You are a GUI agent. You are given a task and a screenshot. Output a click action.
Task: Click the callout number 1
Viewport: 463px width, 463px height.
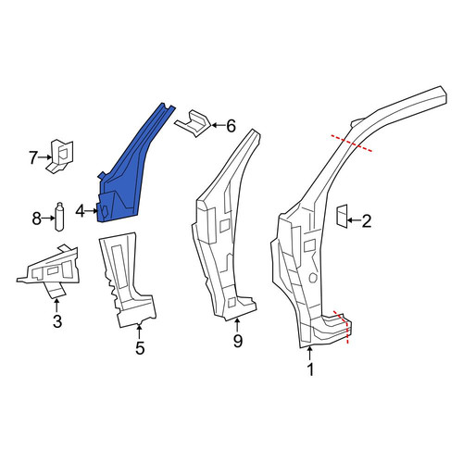[x=310, y=369]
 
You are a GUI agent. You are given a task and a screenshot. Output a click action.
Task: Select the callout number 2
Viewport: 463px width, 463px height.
[x=366, y=221]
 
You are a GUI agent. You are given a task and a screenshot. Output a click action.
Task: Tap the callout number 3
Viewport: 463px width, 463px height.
[x=57, y=321]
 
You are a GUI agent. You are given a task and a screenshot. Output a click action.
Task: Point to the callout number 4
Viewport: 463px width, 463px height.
[x=80, y=211]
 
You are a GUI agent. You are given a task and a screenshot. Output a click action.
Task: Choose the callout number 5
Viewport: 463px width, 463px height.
[x=140, y=348]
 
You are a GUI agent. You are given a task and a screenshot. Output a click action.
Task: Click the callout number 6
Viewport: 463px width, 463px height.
[x=231, y=126]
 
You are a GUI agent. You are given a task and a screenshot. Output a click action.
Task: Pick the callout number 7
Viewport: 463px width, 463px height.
[x=33, y=157]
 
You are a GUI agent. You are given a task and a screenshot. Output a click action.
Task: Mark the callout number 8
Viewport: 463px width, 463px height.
[x=37, y=219]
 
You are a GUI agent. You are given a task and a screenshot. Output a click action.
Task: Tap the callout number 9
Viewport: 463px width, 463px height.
[x=238, y=341]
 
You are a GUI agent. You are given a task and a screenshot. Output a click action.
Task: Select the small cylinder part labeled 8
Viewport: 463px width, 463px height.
[x=59, y=217]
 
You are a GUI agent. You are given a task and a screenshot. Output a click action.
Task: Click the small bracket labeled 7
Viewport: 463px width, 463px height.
[x=61, y=156]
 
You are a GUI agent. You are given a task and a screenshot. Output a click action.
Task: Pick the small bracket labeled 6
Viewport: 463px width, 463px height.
[x=193, y=123]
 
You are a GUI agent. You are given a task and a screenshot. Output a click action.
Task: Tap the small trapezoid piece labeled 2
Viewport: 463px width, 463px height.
[x=342, y=216]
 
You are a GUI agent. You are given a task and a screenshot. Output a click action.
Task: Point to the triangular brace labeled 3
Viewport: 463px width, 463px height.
[x=51, y=269]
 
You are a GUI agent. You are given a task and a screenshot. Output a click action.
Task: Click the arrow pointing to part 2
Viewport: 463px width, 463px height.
[x=354, y=220]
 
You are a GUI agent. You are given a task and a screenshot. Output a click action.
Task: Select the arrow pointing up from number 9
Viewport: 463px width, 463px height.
[x=237, y=326]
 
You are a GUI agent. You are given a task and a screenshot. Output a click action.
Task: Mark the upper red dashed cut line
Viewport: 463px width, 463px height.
[x=351, y=143]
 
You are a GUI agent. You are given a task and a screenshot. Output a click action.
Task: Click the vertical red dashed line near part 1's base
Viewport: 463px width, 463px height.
[x=347, y=331]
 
